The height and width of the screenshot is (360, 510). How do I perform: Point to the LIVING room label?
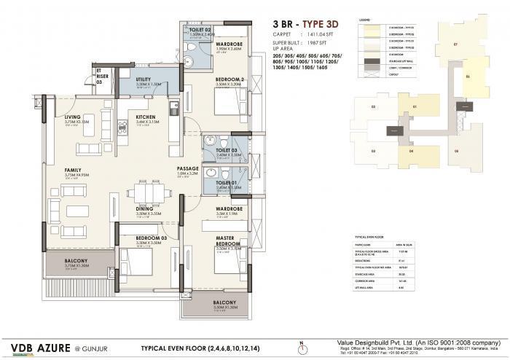tap(72, 117)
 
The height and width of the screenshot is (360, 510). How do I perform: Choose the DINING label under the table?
tap(144, 208)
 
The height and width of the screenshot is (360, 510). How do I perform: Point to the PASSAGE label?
tap(188, 169)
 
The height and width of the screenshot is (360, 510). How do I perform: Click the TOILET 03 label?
tap(224, 149)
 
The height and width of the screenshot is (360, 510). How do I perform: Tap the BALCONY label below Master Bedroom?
tap(225, 302)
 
